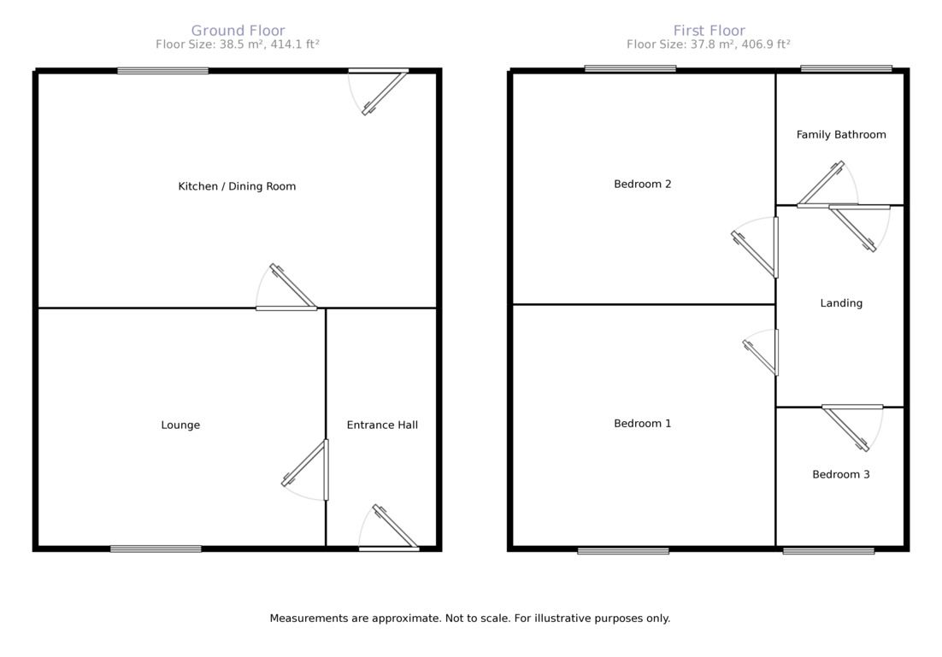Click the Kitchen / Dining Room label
coord(237,186)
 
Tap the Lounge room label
coord(180,425)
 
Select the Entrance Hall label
coord(382,425)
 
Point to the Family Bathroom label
coord(841,134)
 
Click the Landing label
coord(841,303)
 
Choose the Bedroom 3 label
coord(840,474)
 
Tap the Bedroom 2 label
coord(642,184)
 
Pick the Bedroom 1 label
coord(642,424)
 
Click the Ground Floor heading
coord(238,30)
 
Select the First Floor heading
coord(709,30)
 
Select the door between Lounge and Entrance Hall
coord(305,470)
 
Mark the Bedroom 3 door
coord(852,428)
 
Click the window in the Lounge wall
coord(156,548)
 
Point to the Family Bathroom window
coord(846,68)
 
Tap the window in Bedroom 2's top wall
coord(630,68)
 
